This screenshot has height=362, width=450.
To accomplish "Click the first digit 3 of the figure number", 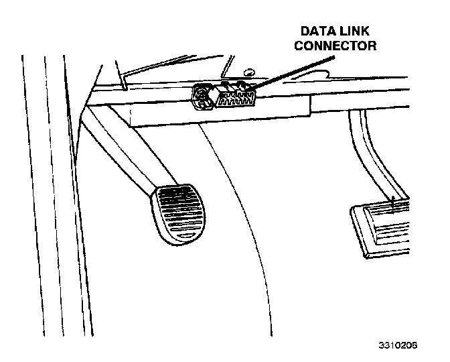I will pos(380,346).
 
